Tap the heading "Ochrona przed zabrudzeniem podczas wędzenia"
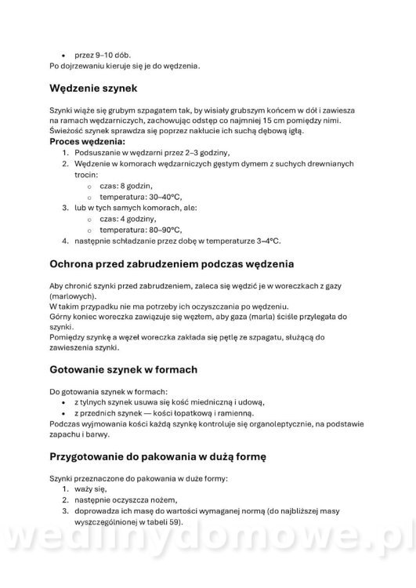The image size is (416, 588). coord(182,264)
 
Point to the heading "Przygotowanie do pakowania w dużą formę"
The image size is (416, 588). coord(168,455)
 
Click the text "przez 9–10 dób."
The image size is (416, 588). coord(103,56)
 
